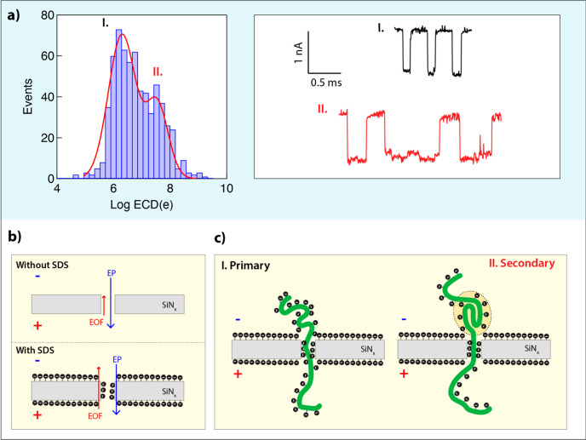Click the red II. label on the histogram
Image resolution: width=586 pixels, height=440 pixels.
coord(158,71)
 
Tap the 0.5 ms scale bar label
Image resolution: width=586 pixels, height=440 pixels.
coord(324,82)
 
